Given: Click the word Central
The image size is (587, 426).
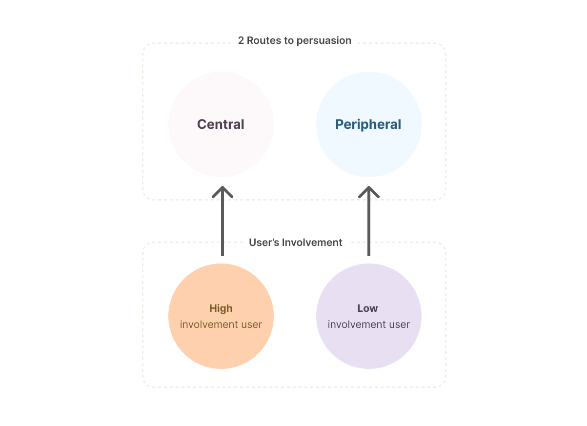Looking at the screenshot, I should click(221, 124).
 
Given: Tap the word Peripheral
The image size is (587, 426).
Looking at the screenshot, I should click(368, 124).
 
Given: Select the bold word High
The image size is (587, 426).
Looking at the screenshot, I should click(221, 308).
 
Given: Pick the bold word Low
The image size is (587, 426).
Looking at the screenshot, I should click(367, 308).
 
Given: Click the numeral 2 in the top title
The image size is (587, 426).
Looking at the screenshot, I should click(241, 41).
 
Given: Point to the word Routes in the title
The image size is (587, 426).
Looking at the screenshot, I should click(263, 41).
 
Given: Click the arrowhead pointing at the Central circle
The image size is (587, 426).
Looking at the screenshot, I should click(223, 192).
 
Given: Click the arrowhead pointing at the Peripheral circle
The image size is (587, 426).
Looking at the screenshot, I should click(369, 192).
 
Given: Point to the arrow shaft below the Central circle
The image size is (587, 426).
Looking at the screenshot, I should click(223, 229).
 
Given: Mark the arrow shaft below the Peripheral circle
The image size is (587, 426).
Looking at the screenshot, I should click(369, 229).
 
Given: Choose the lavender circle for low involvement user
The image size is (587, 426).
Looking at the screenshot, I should click(369, 346).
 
